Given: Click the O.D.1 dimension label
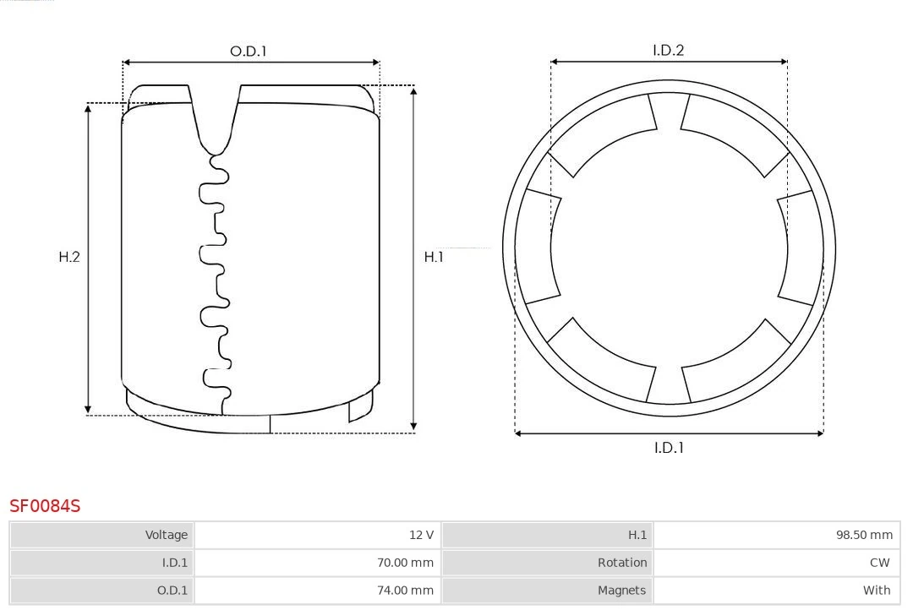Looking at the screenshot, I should point(248,52).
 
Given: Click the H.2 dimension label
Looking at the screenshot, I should point(69,257).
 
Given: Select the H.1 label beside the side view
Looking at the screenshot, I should point(434,257).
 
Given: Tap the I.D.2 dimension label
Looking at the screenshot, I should point(668,51).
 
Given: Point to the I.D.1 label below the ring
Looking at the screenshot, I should point(668,448).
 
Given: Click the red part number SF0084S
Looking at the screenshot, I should point(45,506).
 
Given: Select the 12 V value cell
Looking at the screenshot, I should point(421,535).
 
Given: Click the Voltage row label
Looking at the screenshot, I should point(166,535).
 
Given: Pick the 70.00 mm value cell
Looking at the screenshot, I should point(405,563).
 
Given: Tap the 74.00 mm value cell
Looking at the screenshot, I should point(405,591).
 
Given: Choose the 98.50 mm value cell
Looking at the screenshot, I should point(864,535).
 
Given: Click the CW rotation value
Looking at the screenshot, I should point(879,563).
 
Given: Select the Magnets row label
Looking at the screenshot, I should point(621,591).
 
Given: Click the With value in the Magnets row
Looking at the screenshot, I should point(877,591).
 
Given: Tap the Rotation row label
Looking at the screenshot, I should point(621,563).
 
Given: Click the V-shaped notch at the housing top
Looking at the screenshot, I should point(215,118).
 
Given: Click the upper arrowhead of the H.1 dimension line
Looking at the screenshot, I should point(413,90).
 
